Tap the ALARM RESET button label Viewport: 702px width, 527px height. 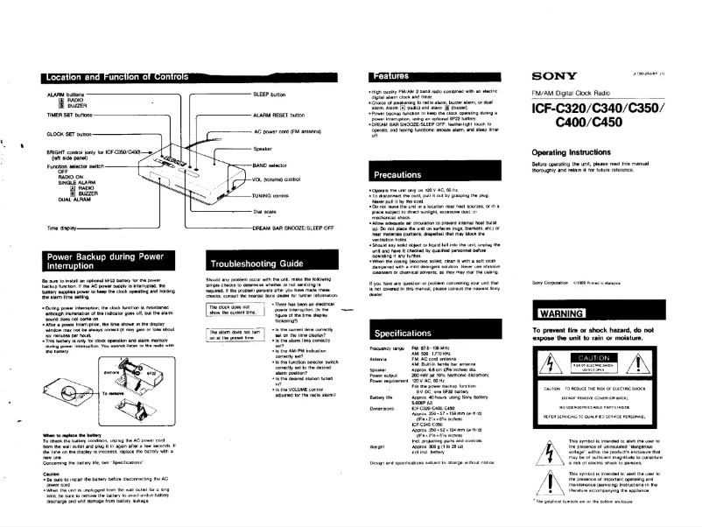(278, 115)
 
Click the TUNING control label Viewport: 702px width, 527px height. (272, 195)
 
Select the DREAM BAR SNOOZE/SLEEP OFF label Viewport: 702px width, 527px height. (293, 227)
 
